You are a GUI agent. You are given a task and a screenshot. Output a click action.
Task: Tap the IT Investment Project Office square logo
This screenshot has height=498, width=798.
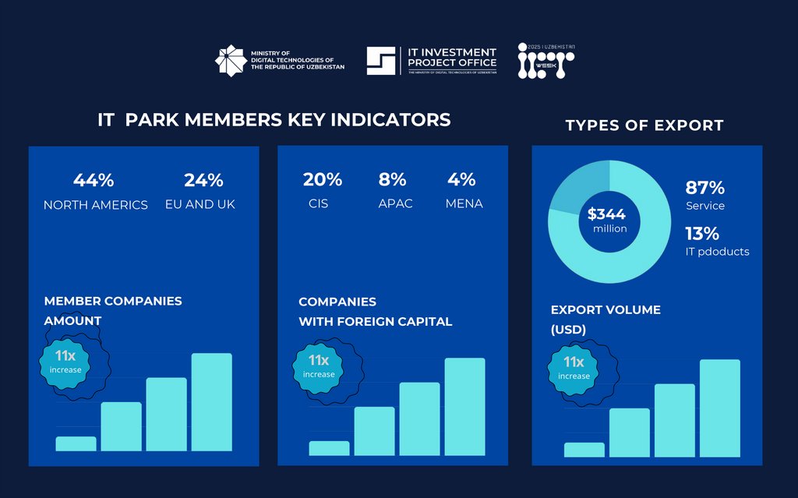coord(383,62)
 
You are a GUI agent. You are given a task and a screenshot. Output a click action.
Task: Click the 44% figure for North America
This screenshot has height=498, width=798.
coord(94,180)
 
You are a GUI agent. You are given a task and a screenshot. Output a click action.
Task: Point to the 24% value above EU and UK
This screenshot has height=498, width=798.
coord(203,180)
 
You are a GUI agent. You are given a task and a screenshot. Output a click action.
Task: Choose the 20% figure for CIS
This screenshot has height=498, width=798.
coord(323,179)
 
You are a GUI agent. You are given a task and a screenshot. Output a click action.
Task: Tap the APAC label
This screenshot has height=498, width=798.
coord(395,203)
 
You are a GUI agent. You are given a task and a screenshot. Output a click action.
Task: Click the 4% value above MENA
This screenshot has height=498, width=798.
coord(461,179)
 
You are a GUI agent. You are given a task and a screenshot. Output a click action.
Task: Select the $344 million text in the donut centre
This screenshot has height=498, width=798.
coord(606,220)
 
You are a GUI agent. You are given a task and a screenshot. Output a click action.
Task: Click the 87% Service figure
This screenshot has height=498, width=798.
coord(705,188)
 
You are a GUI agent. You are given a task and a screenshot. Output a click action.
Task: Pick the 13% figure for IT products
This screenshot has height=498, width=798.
coord(702,233)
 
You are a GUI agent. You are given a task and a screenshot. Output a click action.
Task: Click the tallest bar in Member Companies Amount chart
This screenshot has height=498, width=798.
coord(211,401)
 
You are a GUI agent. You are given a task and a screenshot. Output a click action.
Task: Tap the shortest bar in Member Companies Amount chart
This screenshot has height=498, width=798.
coord(76,443)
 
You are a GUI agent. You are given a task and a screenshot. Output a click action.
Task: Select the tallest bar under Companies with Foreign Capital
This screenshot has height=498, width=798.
coord(464,406)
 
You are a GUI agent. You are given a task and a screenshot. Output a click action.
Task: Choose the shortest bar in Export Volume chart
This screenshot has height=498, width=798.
coord(584,450)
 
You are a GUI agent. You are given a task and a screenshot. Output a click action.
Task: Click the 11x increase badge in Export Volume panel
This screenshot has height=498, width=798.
coord(574,368)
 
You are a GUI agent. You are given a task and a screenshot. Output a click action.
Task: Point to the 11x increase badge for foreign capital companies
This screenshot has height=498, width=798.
coord(319,366)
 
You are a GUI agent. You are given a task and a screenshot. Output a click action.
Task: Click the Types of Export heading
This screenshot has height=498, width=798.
coord(644,125)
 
